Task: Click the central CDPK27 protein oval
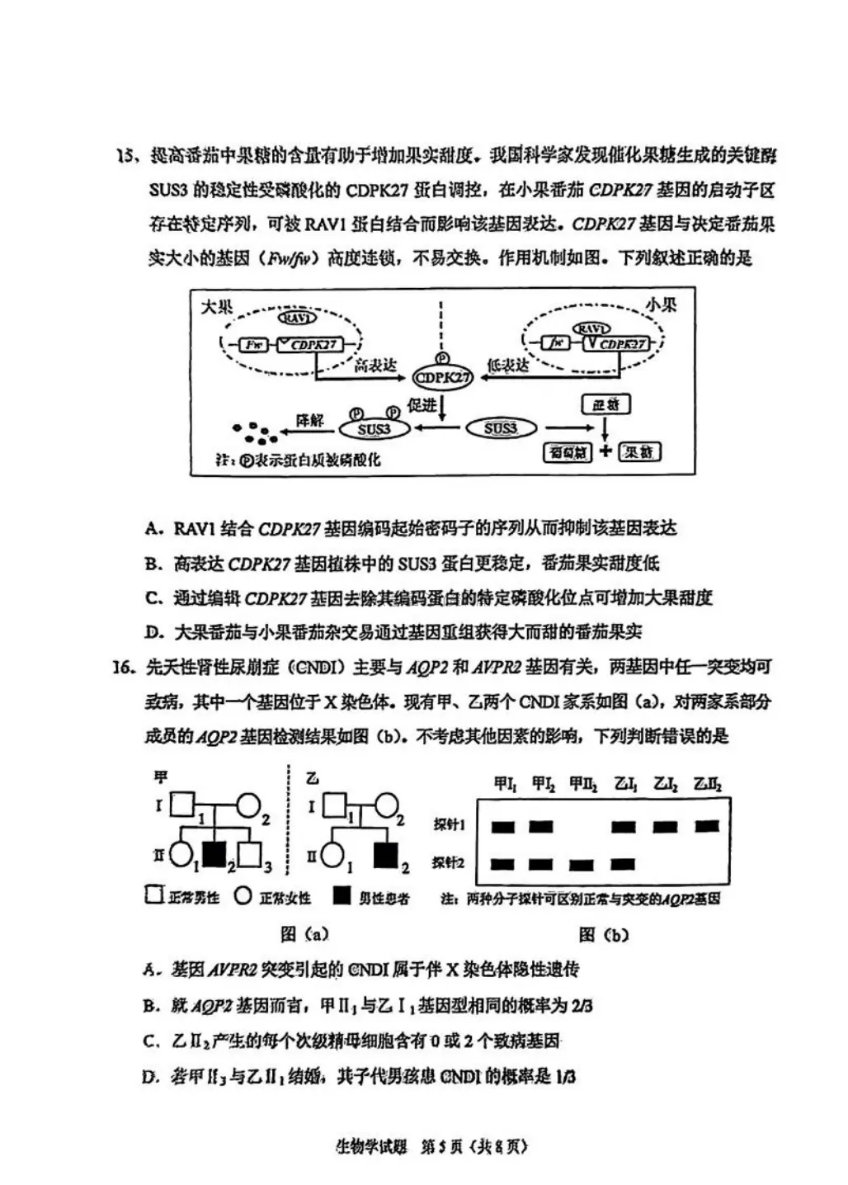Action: [442, 378]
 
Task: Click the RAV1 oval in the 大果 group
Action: [297, 318]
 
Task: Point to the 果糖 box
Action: [639, 451]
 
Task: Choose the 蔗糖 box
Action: [605, 404]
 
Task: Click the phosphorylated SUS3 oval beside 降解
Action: [374, 428]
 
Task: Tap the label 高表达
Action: [375, 366]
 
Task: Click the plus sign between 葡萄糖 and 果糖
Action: [605, 451]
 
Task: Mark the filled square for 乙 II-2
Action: [385, 856]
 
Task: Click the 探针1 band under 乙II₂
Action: [707, 826]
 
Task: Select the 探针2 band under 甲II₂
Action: [582, 865]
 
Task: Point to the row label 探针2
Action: [449, 863]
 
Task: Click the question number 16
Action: [124, 667]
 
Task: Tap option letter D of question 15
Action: [153, 633]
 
